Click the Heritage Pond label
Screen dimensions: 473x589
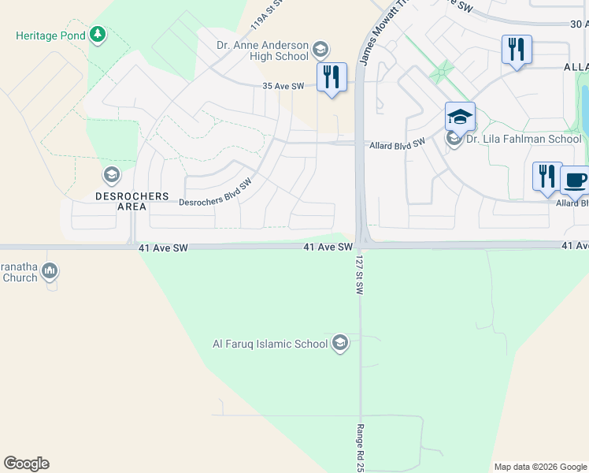coord(50,36)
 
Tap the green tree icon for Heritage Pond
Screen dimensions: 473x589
coord(97,35)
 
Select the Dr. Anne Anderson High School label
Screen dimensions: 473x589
coord(262,50)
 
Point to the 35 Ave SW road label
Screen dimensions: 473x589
coord(283,86)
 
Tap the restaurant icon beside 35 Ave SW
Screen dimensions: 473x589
coord(332,77)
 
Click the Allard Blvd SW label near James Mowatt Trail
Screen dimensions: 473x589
coord(398,143)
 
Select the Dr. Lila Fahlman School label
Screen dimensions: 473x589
coord(524,140)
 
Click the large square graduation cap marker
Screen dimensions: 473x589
coord(460,117)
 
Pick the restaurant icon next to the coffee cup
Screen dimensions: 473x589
coord(546,176)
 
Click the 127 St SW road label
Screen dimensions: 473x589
coord(359,274)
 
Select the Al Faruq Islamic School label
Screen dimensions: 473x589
coord(270,344)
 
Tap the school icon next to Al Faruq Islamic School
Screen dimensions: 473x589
coord(339,343)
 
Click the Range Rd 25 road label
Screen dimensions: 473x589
coord(360,447)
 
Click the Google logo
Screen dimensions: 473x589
coord(26,464)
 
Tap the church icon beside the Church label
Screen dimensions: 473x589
coord(50,272)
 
